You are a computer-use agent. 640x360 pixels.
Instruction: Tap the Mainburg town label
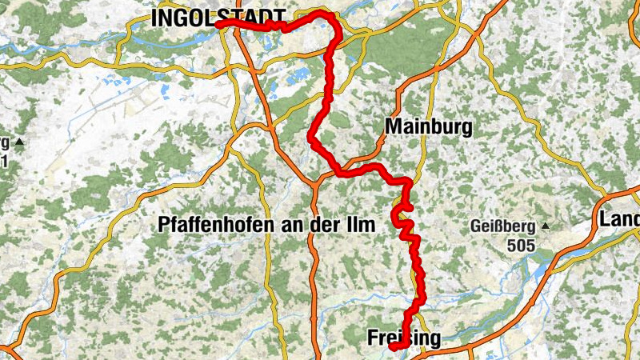[428, 126]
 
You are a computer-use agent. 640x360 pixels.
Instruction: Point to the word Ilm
[361, 226]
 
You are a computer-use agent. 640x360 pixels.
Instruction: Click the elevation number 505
[521, 244]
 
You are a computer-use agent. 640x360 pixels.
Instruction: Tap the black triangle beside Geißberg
[545, 226]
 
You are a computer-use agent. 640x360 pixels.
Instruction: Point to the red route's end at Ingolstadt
[218, 24]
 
